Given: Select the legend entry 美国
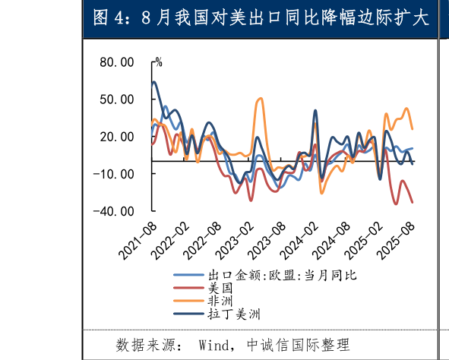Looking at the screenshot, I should pyautogui.click(x=220, y=288).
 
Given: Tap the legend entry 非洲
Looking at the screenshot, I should pyautogui.click(x=220, y=301).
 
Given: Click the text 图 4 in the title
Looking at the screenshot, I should pyautogui.click(x=108, y=18).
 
